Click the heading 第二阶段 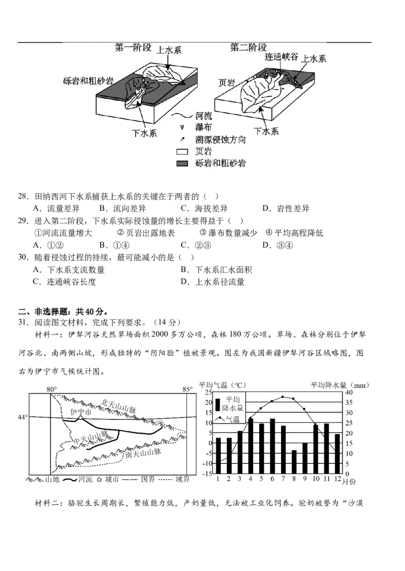(248, 49)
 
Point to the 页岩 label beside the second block (226, 83)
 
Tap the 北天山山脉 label (119, 406)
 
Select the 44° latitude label (23, 417)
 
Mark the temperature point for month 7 (283, 397)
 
